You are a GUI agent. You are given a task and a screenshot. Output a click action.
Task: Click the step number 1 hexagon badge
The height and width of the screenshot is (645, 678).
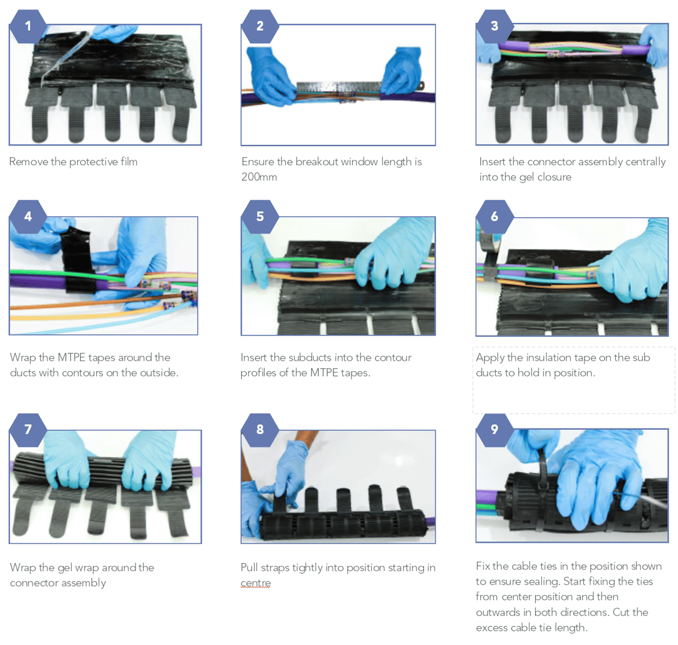28,27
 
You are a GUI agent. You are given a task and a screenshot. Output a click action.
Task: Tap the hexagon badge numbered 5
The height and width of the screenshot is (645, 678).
259,216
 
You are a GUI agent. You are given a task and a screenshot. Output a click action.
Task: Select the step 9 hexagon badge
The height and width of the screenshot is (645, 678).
494,430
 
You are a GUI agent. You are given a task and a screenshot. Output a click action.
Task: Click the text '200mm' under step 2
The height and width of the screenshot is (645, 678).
259,178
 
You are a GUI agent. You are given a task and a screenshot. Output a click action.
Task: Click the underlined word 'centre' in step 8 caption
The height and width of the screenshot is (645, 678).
255,583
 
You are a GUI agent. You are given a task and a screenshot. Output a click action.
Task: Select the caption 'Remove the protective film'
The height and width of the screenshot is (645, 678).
73,162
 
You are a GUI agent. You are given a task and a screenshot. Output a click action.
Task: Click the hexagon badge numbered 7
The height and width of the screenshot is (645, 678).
28,430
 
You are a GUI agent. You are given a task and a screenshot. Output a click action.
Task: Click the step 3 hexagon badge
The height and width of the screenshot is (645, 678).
494,27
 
